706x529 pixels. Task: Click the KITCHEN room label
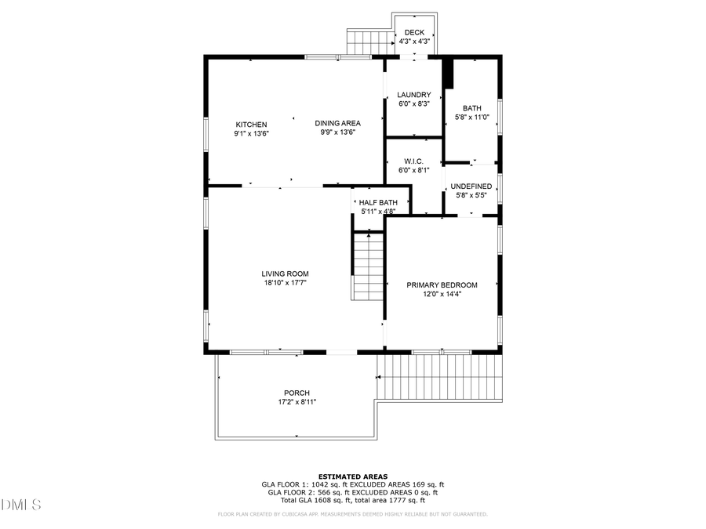251,125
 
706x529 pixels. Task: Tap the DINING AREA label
337,123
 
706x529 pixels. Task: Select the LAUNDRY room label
413,95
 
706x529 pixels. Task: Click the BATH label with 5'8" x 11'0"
472,109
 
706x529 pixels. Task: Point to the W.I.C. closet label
413,161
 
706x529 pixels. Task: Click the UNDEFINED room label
471,187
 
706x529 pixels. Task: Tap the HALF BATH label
378,203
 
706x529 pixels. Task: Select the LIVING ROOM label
285,274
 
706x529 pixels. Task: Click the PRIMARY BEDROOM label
442,285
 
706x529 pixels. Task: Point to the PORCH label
297,393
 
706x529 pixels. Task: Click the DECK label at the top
414,32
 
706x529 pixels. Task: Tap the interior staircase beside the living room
366,266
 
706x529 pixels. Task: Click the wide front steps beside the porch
439,377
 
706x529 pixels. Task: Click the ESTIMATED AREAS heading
352,476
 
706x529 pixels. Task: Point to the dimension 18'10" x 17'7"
284,283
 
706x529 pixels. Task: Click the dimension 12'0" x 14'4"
442,295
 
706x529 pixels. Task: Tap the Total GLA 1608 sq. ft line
352,499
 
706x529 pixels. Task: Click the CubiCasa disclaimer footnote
352,514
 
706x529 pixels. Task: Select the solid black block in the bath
448,74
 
